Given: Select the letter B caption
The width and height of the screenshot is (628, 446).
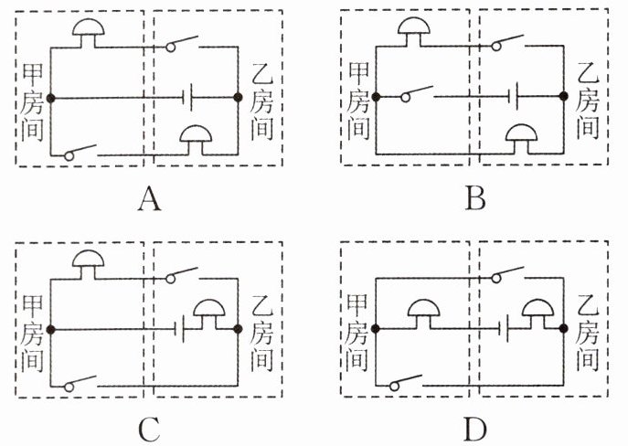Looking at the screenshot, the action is coord(475,198).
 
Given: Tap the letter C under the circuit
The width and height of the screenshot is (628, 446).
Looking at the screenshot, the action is coord(149,430).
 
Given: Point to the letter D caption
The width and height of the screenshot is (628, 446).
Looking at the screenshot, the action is coord(475,430).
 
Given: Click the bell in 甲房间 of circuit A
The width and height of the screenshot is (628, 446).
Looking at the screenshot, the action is coord(89,33).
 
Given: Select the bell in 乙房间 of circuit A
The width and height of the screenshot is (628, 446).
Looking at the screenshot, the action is coord(196,140).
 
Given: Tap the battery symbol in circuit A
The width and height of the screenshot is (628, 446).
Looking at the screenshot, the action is coord(187,97).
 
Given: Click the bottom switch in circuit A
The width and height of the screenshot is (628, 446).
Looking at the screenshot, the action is coord(80,152).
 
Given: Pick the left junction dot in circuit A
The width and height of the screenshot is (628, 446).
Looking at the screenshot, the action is coord(51,98).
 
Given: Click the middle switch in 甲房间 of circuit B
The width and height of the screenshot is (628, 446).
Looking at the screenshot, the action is coord(417,93).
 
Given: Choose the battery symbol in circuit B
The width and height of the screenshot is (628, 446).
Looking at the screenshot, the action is coord(513,96).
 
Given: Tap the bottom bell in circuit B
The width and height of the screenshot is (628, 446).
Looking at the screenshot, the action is coord(521,139).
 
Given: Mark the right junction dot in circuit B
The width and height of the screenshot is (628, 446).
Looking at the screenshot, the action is coord(564,96).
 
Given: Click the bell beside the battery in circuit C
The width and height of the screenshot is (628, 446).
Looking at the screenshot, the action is coord(209,314).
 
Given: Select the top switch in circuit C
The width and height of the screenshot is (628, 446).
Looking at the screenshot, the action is coord(182,275).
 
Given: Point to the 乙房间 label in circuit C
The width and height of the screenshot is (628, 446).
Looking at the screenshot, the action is coord(262,332).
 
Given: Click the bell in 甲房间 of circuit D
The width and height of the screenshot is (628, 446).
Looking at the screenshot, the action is coord(424,314).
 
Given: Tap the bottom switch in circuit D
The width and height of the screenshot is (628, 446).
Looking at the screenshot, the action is coord(406,382).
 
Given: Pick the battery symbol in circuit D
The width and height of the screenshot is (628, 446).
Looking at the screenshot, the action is coord(504,329).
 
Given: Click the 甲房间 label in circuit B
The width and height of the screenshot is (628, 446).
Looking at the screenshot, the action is coord(358,101).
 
